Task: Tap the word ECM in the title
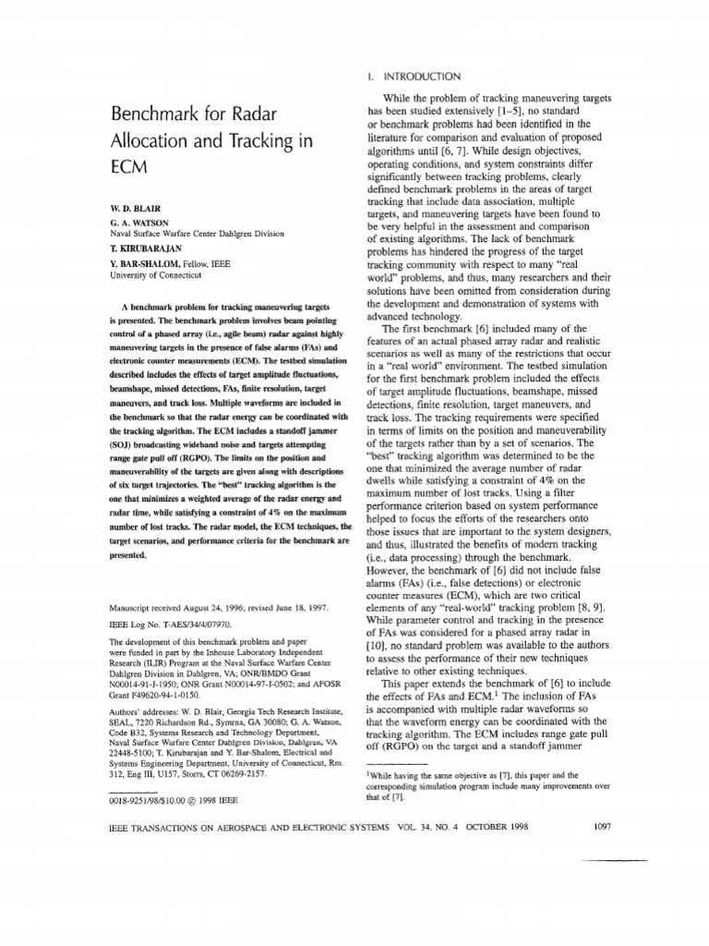point(129,173)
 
